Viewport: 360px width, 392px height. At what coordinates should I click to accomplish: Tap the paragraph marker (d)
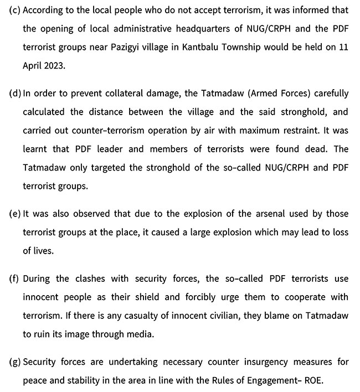(x=15, y=93)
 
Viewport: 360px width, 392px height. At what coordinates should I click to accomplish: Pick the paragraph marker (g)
(x=15, y=363)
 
